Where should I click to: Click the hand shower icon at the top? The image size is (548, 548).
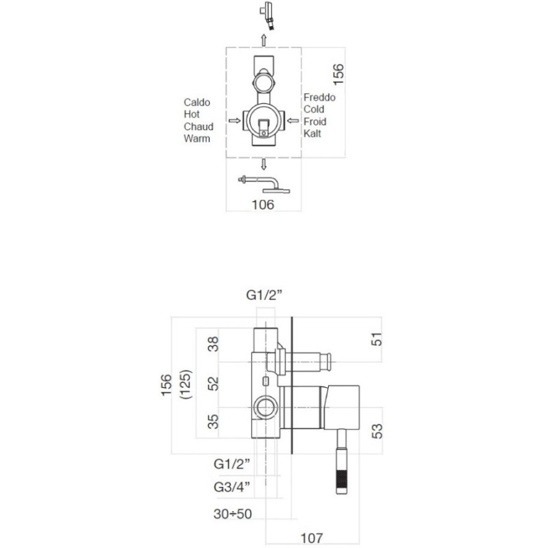coord(267,15)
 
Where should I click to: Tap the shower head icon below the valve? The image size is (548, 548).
coord(264,185)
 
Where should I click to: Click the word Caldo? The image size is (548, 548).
coord(197,102)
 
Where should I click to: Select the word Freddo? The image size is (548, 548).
coord(319,97)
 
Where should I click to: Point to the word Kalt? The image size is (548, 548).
coord(312,134)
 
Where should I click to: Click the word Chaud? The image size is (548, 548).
coord(199,127)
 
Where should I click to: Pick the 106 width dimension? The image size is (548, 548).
coord(263,205)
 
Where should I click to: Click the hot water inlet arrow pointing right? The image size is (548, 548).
coord(234,121)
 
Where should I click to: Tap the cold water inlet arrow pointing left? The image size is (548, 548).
coord(293,121)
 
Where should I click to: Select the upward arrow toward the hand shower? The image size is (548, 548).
coord(264,40)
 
